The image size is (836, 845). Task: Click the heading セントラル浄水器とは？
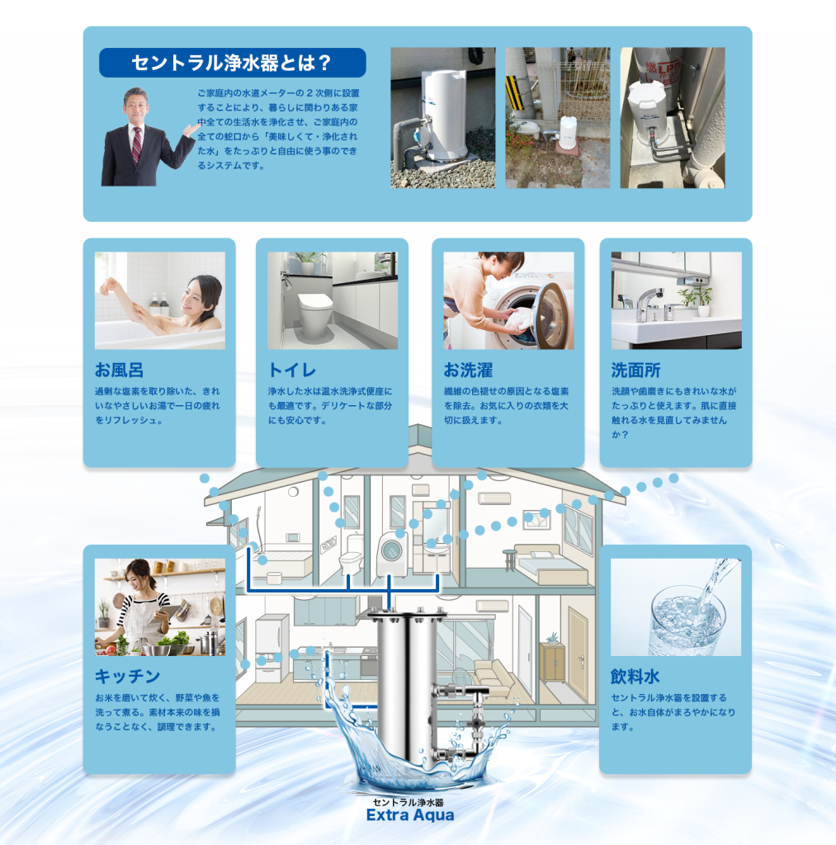click(232, 63)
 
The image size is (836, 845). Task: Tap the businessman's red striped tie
click(137, 145)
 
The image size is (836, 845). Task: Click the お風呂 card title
click(119, 371)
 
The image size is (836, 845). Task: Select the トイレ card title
click(291, 371)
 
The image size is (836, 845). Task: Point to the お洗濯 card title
click(468, 371)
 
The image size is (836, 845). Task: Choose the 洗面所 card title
click(635, 371)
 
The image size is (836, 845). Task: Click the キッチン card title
click(128, 677)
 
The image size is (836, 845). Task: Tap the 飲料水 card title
click(635, 677)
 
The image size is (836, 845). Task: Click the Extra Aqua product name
click(410, 814)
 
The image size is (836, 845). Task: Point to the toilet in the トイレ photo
click(314, 314)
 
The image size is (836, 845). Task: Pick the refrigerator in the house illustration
click(268, 650)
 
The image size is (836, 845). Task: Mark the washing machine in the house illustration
click(391, 555)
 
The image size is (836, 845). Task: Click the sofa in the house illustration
click(493, 680)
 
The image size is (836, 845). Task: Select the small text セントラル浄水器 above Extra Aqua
click(408, 802)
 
